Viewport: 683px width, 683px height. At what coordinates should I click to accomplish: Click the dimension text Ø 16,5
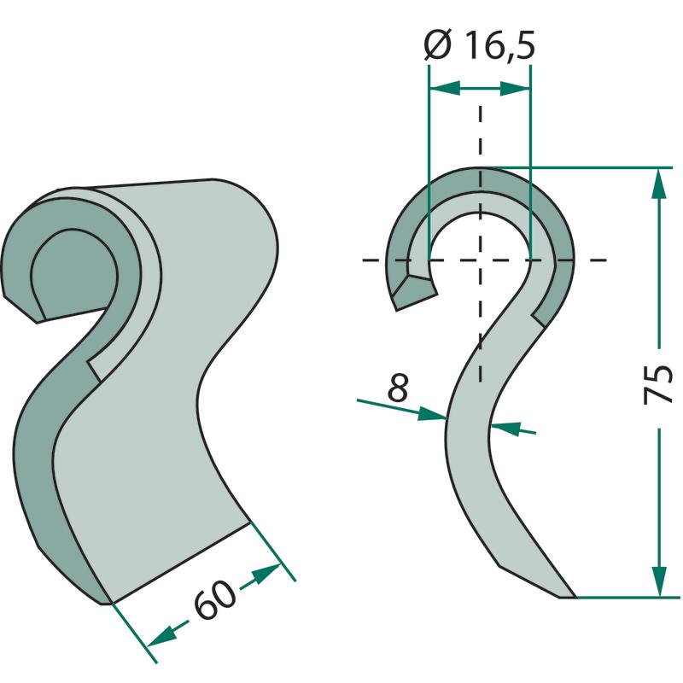(x=479, y=45)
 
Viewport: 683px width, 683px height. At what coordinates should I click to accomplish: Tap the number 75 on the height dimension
(x=658, y=385)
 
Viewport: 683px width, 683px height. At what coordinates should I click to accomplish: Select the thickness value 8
(x=398, y=387)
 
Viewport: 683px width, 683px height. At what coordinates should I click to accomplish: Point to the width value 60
(x=215, y=599)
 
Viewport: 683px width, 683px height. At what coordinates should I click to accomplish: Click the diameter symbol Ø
(x=437, y=45)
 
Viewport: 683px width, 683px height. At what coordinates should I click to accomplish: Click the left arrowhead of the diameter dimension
(x=445, y=88)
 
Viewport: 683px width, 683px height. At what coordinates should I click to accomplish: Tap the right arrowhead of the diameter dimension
(x=515, y=88)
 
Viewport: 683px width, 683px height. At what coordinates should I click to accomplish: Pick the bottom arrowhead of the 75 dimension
(x=659, y=581)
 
